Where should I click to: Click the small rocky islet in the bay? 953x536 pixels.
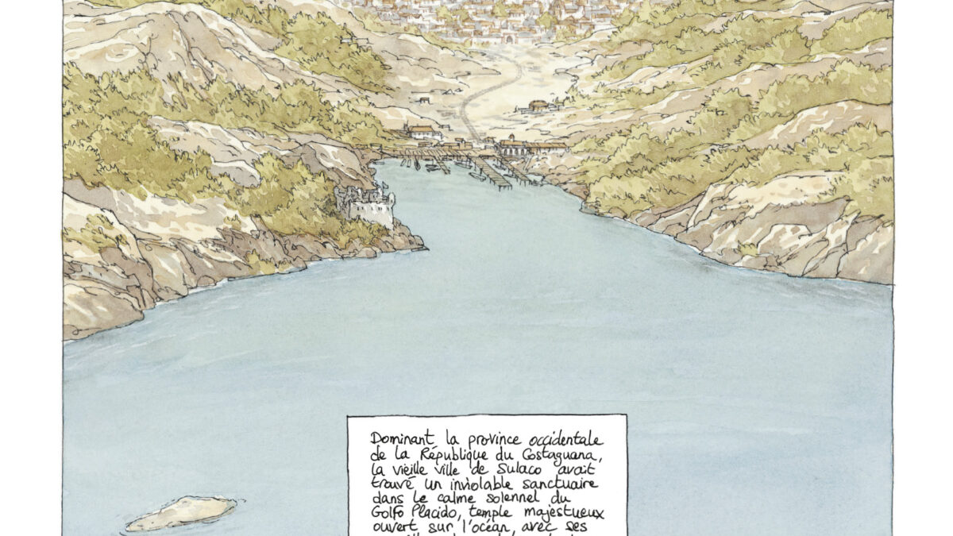point(182,513)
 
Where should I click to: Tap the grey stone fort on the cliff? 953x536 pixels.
point(366,206)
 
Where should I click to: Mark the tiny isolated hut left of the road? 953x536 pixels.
point(424,100)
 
